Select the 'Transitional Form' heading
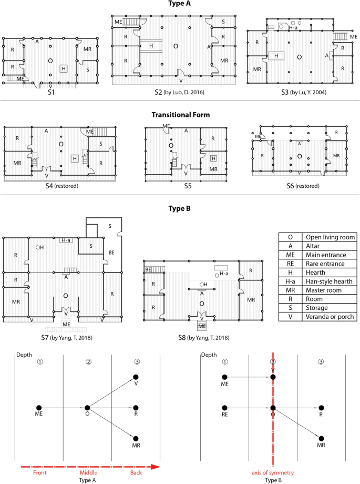tap(180, 115)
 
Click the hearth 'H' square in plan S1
tap(64, 68)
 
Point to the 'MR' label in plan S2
tap(224, 60)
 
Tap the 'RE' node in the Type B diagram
tap(225, 407)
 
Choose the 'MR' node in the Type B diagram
tap(321, 438)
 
